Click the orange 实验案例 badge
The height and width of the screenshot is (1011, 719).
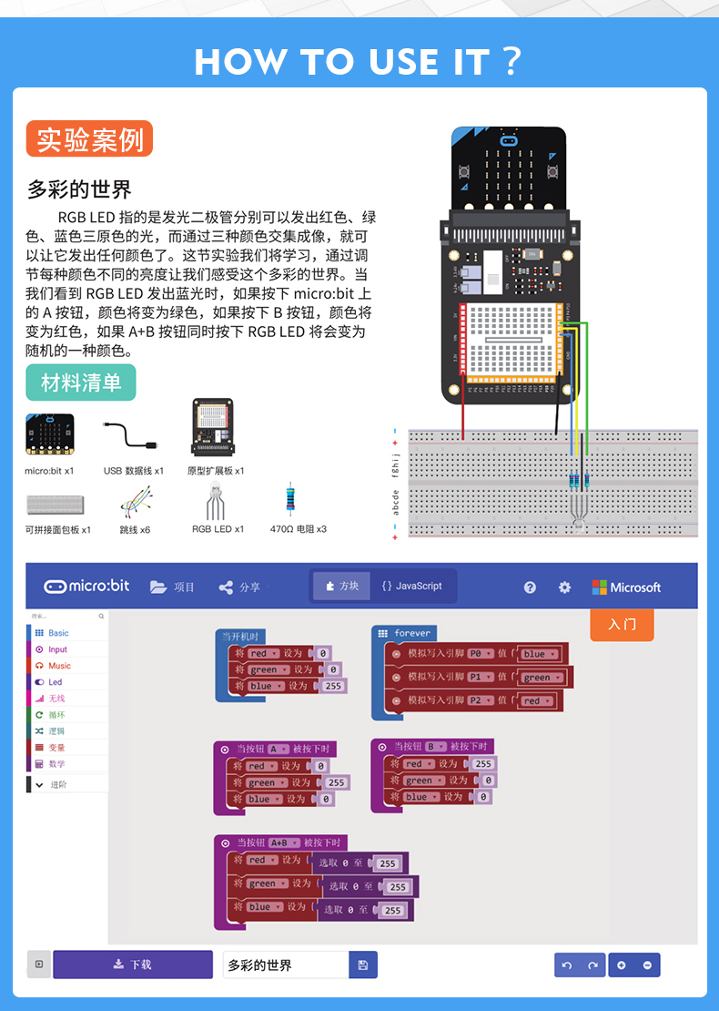pos(89,139)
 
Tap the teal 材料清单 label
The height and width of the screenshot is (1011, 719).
pos(81,383)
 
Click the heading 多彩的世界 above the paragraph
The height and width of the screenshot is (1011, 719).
pos(79,189)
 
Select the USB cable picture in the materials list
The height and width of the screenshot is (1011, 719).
pos(132,436)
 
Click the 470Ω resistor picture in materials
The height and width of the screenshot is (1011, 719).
pos(290,500)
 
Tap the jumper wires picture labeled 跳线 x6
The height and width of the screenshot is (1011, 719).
pos(135,502)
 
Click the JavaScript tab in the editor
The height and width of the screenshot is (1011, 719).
pos(411,586)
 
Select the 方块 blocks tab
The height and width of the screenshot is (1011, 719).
pos(342,586)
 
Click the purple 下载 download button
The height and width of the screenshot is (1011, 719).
pos(133,965)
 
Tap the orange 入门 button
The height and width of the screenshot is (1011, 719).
pos(622,625)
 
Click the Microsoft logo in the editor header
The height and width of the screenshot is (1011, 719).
pos(626,587)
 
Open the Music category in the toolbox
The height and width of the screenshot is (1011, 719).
pos(59,666)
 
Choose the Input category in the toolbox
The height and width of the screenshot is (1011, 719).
pos(57,649)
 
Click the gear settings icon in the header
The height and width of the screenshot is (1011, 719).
pos(564,587)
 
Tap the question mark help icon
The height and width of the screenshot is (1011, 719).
pos(530,587)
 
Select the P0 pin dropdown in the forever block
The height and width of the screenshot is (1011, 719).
pos(481,653)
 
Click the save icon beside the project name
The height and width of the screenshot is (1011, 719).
pos(363,965)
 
